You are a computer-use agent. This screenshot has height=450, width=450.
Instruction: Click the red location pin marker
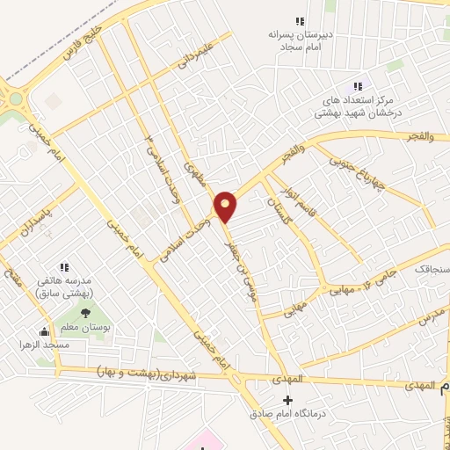pos(226,206)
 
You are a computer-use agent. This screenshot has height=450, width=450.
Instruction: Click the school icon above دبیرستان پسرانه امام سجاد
pos(300,21)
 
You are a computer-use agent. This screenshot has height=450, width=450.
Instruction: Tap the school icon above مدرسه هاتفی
pos(63,266)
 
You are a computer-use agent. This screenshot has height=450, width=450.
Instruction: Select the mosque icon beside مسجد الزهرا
pos(44,332)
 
